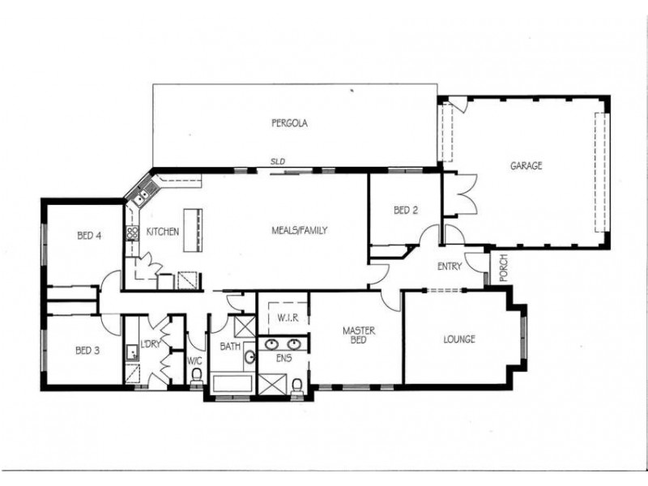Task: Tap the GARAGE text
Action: pos(526,166)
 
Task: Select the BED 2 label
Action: pos(406,211)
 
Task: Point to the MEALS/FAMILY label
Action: pos(299,231)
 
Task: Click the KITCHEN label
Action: pos(162,232)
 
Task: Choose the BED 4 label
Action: pos(89,237)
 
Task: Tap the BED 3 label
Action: pos(87,351)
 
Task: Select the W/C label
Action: pos(194,361)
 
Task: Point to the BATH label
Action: pos(229,347)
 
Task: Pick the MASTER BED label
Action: pos(356,335)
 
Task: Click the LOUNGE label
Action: pos(459,339)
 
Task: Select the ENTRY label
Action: pos(449,266)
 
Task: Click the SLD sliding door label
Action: pos(278,161)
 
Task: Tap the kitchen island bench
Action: pos(192,231)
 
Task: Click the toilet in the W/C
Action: pos(195,377)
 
